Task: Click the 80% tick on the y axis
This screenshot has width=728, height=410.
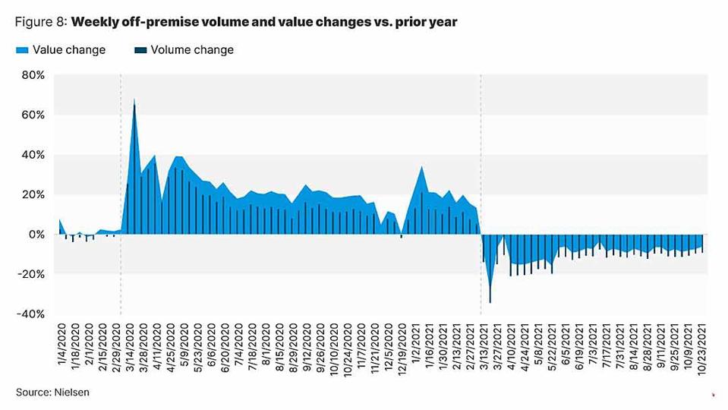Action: pos(34,75)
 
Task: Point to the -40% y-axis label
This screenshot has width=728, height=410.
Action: pos(33,314)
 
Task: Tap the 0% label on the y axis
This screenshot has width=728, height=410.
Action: pos(37,235)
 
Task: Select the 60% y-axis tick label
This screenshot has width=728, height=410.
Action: pos(34,115)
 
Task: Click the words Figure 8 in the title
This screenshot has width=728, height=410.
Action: pos(40,22)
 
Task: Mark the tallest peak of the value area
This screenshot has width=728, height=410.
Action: pos(134,99)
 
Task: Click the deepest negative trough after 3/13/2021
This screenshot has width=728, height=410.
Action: pos(490,302)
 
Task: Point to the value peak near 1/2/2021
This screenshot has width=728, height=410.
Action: pos(422,167)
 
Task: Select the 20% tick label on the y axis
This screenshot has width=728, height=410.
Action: pos(34,194)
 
